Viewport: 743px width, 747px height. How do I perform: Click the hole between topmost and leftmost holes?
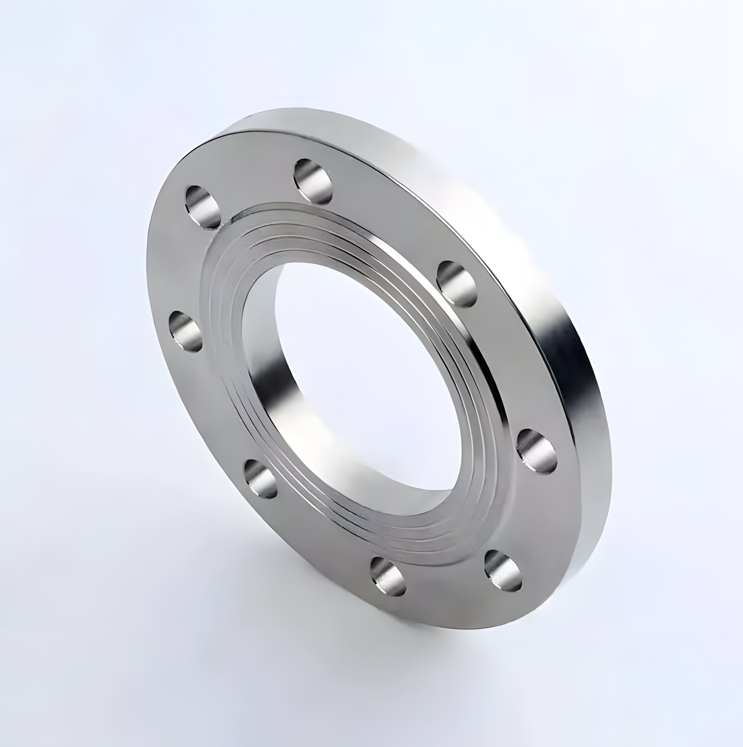(203, 205)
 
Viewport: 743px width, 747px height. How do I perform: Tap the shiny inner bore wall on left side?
(267, 371)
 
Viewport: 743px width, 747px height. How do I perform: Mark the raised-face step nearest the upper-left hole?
(228, 224)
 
